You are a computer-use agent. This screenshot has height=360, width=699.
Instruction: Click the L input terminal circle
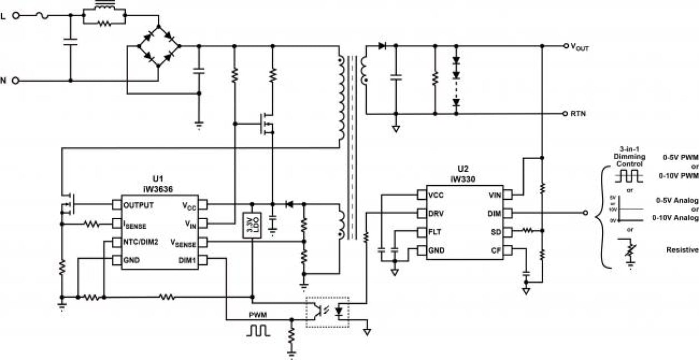pyautogui.click(x=16, y=16)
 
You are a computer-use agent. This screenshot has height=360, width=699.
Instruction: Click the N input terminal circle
pyautogui.click(x=16, y=81)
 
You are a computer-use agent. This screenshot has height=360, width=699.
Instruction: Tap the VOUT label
pyautogui.click(x=579, y=48)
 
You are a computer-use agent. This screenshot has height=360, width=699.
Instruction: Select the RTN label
pyautogui.click(x=578, y=114)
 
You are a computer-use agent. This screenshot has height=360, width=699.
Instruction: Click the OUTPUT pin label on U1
pyautogui.click(x=139, y=205)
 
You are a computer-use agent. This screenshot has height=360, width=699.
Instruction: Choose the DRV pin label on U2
pyautogui.click(x=437, y=213)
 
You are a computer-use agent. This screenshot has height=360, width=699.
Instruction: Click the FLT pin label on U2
pyautogui.click(x=436, y=231)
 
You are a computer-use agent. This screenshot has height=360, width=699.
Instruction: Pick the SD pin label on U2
pyautogui.click(x=495, y=231)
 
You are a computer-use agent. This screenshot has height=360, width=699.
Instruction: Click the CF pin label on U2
pyautogui.click(x=495, y=250)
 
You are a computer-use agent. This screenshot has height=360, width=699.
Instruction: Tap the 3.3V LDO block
pyautogui.click(x=252, y=226)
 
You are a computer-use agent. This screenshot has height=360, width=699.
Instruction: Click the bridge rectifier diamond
pyautogui.click(x=159, y=46)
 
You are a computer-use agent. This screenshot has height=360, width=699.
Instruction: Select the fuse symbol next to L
pyautogui.click(x=41, y=16)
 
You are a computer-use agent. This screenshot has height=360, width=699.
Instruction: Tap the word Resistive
pyautogui.click(x=682, y=250)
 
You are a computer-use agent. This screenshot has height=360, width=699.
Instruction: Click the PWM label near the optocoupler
pyautogui.click(x=258, y=315)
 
